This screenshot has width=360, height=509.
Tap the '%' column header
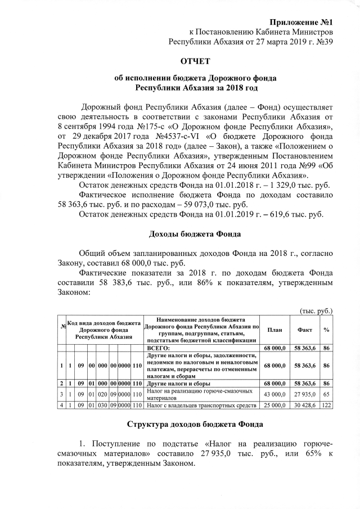327,330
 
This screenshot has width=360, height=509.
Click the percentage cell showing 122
327,404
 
